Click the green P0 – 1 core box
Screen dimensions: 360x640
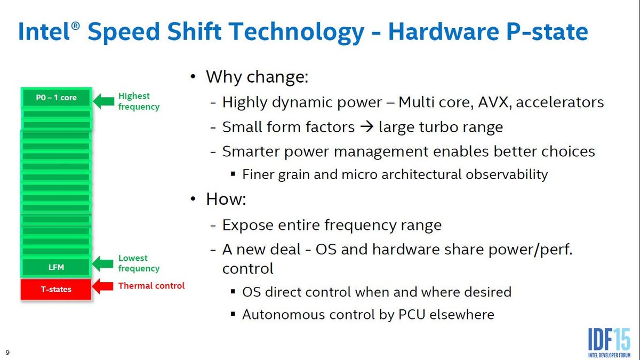56,98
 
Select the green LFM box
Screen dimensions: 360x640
56,267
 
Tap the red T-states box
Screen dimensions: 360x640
56,289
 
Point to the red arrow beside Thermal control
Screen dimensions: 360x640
103,286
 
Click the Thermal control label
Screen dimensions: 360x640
151,286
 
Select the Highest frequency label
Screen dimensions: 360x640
138,101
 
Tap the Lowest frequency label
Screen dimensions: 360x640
138,263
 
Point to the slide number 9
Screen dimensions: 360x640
7,353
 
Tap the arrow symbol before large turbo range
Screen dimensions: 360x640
366,127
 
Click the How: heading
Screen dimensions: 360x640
226,200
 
